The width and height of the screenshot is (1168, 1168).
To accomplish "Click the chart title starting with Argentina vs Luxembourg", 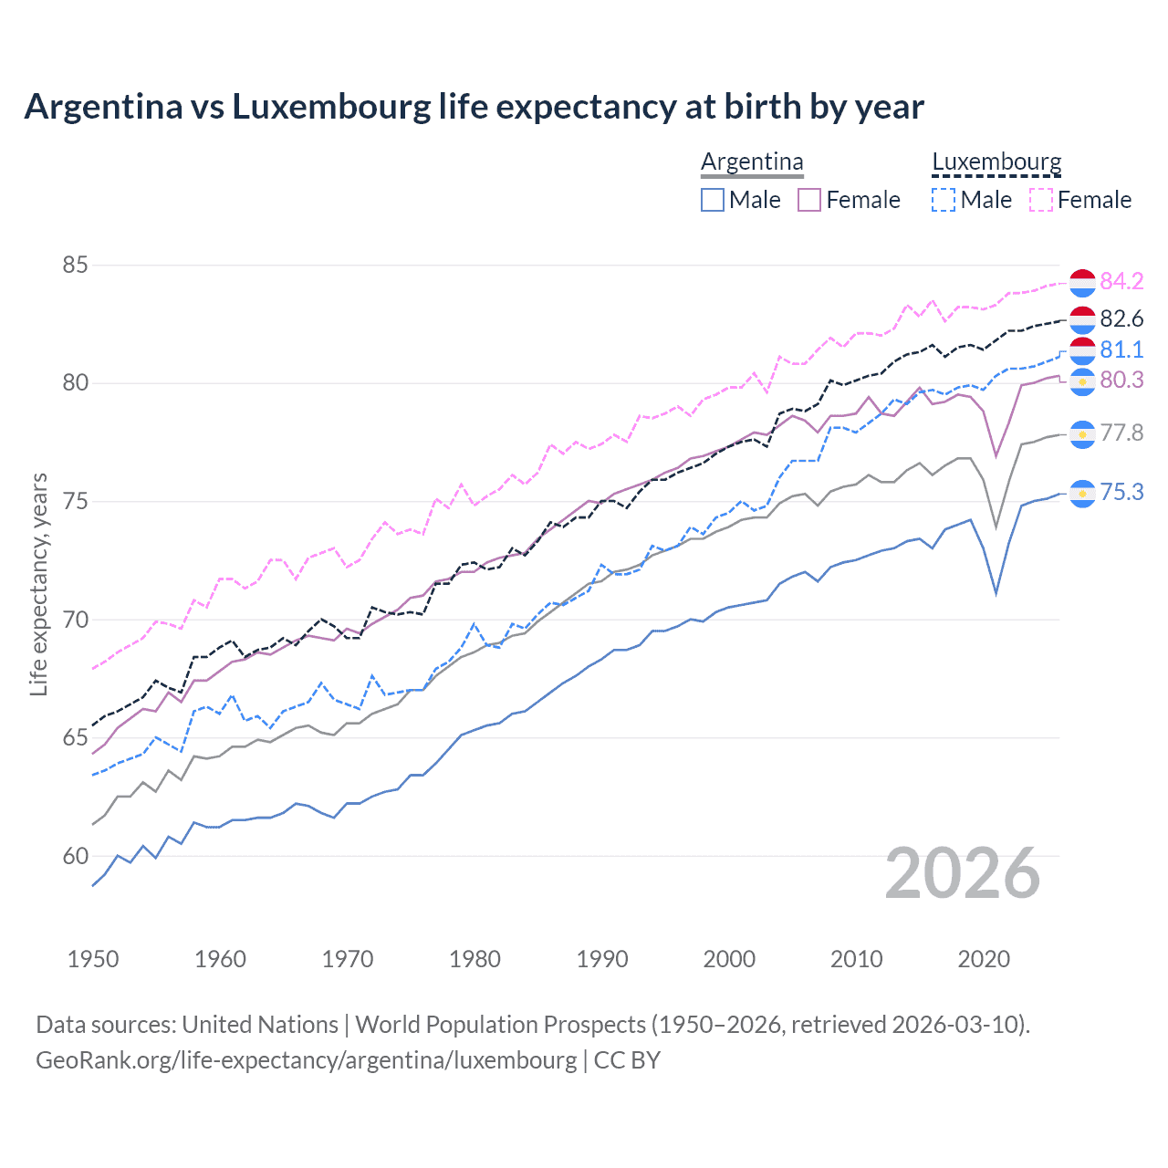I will pos(474,107).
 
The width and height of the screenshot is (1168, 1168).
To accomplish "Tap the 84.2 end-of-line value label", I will pos(1121,281).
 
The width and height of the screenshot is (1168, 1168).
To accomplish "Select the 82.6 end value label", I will pos(1121,318).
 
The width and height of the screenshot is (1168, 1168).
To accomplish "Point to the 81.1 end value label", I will pos(1121,349).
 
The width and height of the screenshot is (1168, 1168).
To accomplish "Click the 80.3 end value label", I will pos(1121,380).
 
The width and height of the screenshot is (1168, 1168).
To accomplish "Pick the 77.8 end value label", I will pos(1121,433).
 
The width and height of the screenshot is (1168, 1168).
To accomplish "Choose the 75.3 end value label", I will pos(1121,492).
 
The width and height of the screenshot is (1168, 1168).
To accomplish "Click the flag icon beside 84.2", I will pos(1082,283).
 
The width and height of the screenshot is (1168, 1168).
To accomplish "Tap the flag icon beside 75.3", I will pos(1082,494).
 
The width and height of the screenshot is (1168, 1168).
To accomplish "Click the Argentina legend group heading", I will pos(752,162).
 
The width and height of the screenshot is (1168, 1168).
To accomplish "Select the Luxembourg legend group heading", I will pos(996,162).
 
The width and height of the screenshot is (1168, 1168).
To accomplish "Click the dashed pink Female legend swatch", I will pos(1041,200).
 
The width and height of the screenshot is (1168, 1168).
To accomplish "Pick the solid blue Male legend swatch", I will pos(713,200).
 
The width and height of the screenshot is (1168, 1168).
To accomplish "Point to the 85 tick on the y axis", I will pos(75,266).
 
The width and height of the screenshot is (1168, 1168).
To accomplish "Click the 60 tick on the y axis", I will pos(75,856).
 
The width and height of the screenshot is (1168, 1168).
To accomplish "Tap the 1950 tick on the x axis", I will pos(93,959).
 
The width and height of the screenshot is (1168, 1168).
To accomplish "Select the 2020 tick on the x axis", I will pos(984,959).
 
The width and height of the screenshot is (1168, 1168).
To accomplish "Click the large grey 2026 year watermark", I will pos(963,873).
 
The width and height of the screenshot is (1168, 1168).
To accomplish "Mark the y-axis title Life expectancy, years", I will pos(38,584).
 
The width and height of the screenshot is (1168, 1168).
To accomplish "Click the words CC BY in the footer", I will pos(627,1060).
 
